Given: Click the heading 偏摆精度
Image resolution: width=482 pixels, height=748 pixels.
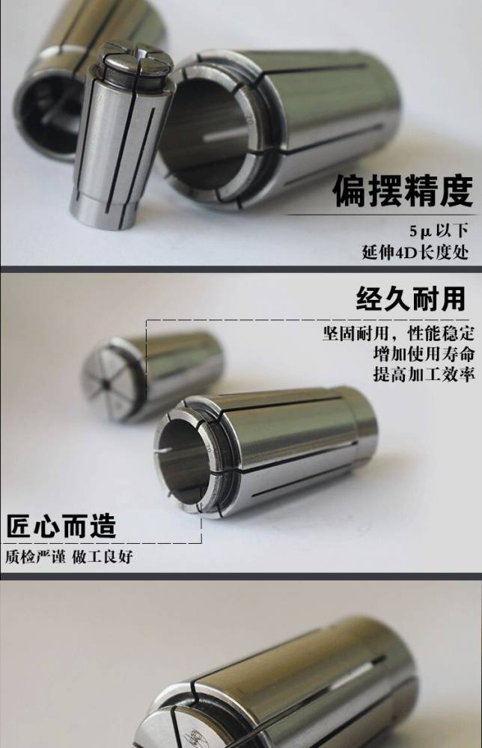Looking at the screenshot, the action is pyautogui.click(x=403, y=190).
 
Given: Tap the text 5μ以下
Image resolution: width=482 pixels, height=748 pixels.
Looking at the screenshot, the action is pyautogui.click(x=439, y=231).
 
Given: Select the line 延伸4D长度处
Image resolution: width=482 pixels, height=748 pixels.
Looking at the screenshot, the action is pyautogui.click(x=415, y=252).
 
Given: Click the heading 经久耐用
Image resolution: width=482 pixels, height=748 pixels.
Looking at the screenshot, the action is pyautogui.click(x=410, y=298).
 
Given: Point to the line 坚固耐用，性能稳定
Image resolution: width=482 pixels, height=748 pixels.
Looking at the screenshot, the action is pyautogui.click(x=398, y=333).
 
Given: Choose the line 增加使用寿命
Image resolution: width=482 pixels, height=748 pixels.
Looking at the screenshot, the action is pyautogui.click(x=424, y=354).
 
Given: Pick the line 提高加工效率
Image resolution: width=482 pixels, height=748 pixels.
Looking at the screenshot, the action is pyautogui.click(x=424, y=374).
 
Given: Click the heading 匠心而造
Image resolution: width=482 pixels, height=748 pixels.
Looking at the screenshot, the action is pyautogui.click(x=61, y=526).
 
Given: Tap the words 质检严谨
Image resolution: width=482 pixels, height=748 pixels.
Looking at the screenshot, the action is pyautogui.click(x=35, y=557).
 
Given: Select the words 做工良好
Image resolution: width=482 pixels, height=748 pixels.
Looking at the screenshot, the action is pyautogui.click(x=102, y=557).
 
